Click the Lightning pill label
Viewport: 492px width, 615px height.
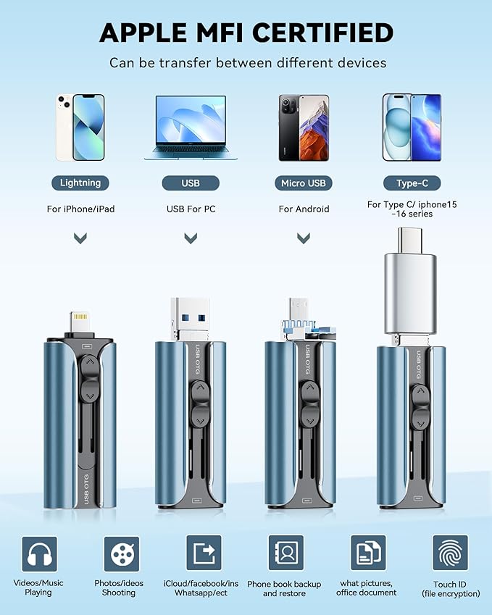click(80, 183)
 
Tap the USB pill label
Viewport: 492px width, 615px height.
click(191, 183)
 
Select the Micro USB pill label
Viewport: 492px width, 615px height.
click(304, 183)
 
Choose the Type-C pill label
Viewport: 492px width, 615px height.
click(412, 183)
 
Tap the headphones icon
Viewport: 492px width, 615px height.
click(39, 554)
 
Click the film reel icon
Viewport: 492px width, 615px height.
click(120, 554)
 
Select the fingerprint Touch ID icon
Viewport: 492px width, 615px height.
click(450, 554)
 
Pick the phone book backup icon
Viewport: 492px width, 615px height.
click(285, 554)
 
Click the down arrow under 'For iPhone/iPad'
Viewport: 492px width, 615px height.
click(81, 238)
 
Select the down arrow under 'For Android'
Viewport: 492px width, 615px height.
click(304, 238)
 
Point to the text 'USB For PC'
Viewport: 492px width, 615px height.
click(191, 209)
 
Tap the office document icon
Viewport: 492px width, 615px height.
click(367, 554)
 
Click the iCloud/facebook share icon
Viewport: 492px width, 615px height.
click(204, 554)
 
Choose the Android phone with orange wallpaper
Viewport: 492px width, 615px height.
click(304, 127)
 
